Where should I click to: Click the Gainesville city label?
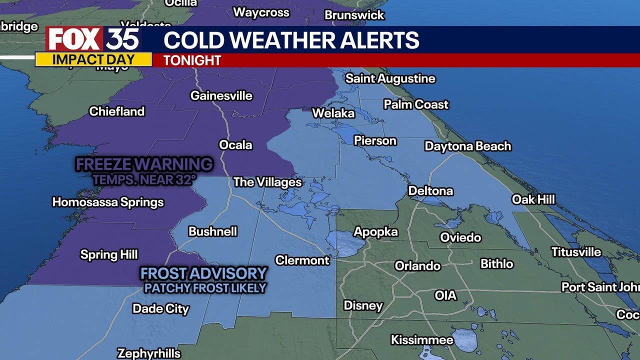[221, 95]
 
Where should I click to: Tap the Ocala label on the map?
[235, 145]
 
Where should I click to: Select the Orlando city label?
[417, 265]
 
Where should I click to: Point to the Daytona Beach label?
[467, 146]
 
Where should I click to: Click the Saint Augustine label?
[390, 78]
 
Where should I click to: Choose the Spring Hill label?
[109, 254]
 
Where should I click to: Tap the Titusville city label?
[576, 252]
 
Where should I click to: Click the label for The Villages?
[267, 182]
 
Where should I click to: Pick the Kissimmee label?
[422, 340]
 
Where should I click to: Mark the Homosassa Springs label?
[108, 202]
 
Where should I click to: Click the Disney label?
[363, 305]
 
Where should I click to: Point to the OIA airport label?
[445, 295]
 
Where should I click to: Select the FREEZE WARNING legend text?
[144, 164]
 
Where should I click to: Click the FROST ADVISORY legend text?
[203, 273]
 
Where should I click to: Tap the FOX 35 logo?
[93, 39]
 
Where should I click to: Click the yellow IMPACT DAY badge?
[93, 59]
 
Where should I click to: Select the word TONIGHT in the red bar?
[192, 60]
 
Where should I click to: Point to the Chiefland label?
[116, 111]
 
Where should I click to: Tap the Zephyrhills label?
[148, 353]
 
